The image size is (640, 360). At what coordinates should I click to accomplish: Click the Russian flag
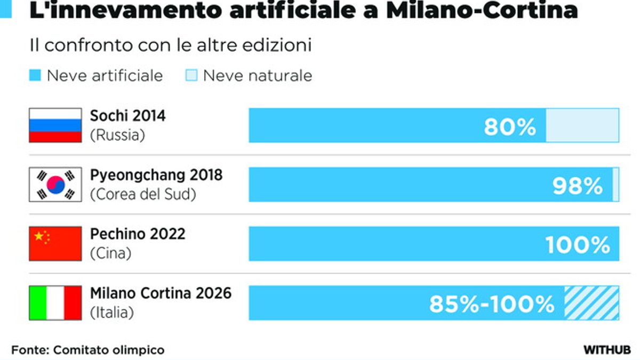pos(55,125)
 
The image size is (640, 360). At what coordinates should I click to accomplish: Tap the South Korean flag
pos(55,185)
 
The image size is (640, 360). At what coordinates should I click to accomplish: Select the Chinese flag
pos(55,244)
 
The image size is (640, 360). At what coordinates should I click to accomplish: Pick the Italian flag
pos(55,303)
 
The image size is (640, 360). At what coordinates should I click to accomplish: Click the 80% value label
pos(509,127)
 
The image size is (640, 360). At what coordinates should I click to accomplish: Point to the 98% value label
pos(578,186)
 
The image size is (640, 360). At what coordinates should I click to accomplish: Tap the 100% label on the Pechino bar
pos(578,245)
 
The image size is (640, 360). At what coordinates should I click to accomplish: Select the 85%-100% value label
pos(492,305)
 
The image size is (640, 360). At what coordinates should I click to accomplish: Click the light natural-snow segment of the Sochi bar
pos(582,125)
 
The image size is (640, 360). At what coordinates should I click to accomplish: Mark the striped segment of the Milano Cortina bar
pos(591,303)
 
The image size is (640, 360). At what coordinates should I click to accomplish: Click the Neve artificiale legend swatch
pos(35,76)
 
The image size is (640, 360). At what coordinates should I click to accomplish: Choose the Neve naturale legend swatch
pos(191,76)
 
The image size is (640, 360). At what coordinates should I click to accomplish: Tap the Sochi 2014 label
pos(127,116)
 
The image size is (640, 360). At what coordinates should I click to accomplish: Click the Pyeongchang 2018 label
pos(156,175)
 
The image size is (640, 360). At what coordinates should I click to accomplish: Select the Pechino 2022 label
pos(138,234)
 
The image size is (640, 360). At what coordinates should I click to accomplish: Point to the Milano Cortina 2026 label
pos(161,293)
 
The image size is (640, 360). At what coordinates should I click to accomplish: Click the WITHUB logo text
pos(607,350)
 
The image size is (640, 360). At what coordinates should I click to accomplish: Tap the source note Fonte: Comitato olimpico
pos(87,350)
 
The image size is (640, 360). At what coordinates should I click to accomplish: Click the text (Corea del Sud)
pos(143,195)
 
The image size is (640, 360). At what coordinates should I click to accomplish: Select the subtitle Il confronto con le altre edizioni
pos(170,45)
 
